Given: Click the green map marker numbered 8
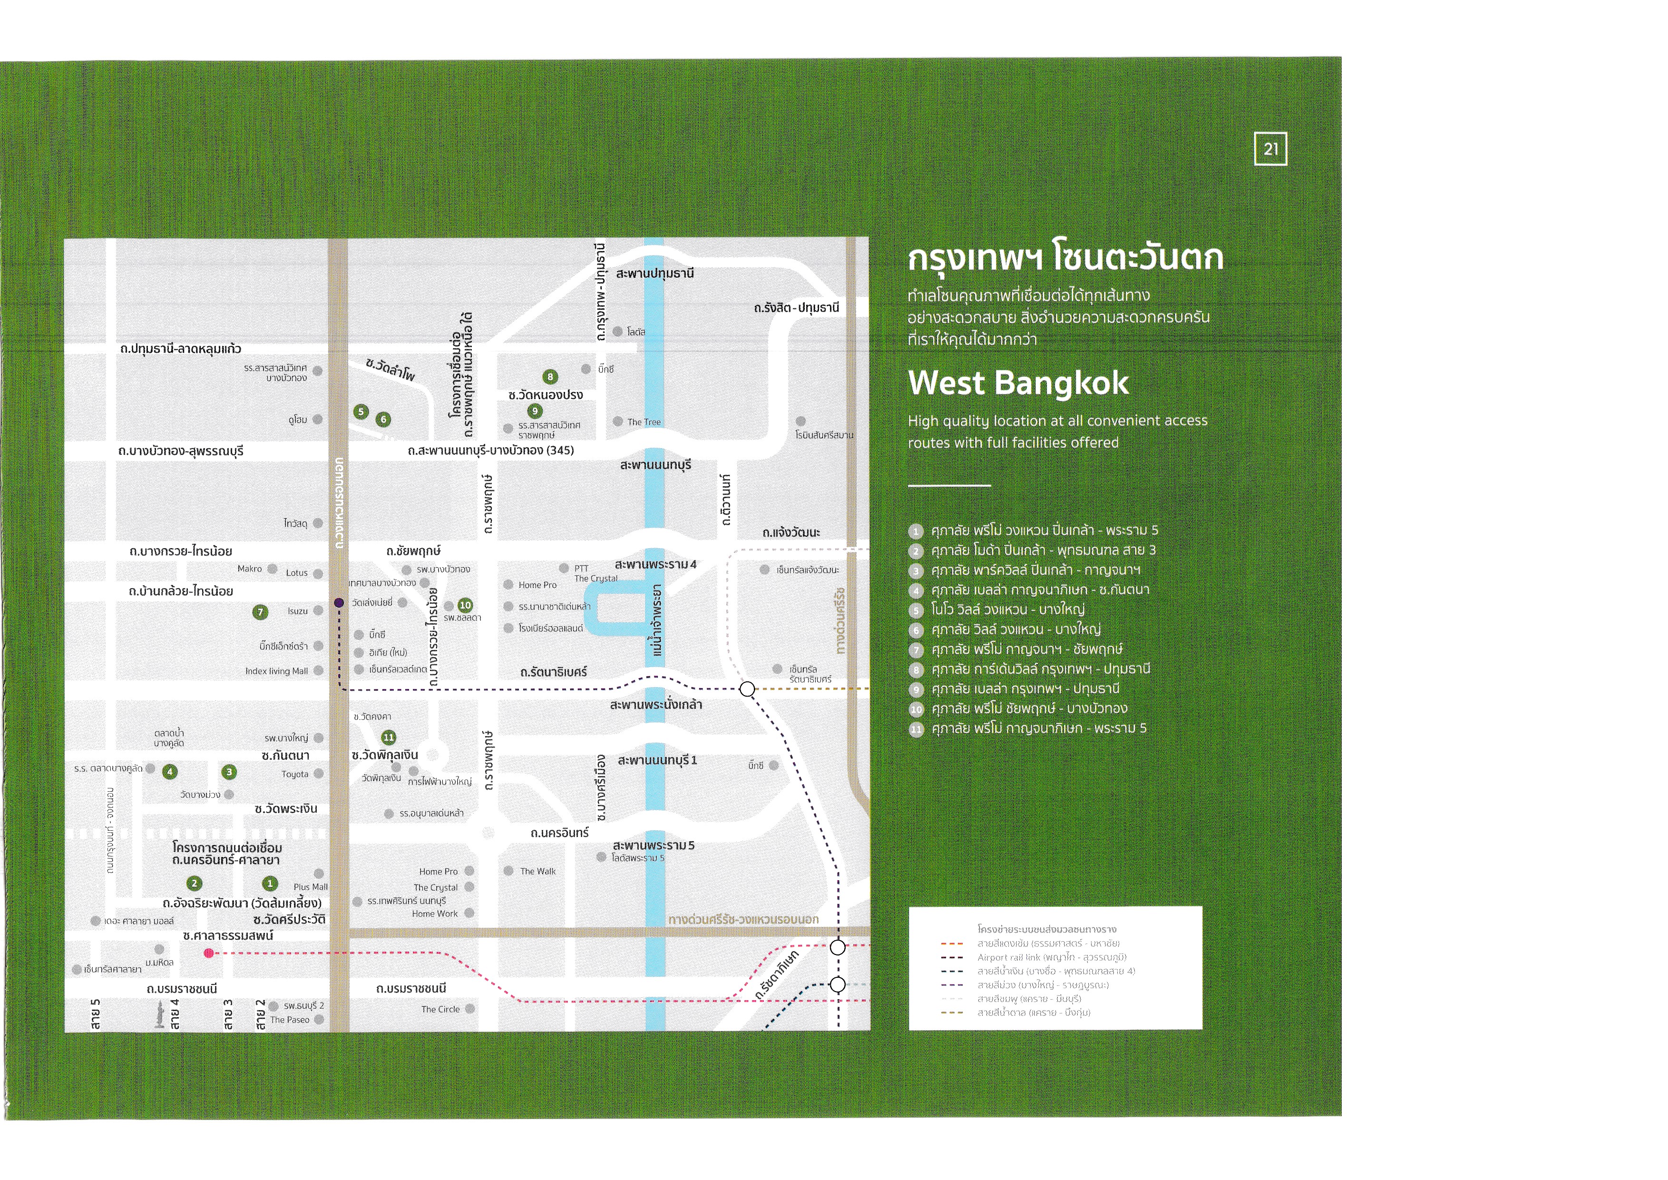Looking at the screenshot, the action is point(550,376).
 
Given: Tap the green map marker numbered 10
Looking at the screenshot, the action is point(465,605).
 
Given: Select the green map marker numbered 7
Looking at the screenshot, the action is point(260,612).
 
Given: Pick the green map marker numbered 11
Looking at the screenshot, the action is point(389,737).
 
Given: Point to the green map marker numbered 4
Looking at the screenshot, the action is point(170,772).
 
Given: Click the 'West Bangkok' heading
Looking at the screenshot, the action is point(1018,383).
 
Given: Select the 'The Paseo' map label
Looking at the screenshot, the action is point(289,1020).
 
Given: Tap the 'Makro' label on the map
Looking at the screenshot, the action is point(249,569).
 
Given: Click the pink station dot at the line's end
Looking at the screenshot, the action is point(208,954).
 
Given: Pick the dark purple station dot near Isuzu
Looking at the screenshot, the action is point(339,602).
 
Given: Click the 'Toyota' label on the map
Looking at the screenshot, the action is point(295,775).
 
